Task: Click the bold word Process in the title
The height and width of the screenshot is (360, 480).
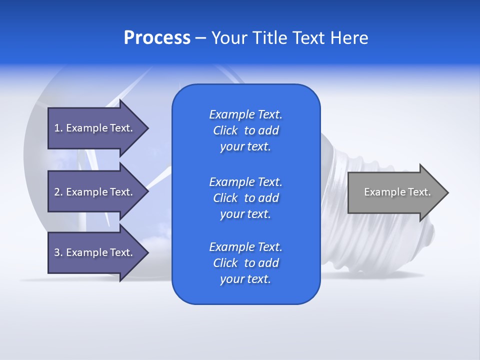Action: click(157, 38)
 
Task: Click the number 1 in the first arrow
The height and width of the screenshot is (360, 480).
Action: click(56, 128)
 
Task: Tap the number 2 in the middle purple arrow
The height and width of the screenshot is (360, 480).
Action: click(56, 192)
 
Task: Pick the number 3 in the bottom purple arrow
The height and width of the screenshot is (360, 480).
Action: click(56, 252)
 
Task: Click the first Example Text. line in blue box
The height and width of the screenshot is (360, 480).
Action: click(245, 114)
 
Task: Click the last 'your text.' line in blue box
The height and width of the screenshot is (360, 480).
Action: click(245, 279)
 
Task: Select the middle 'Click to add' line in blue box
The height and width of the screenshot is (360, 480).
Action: click(245, 198)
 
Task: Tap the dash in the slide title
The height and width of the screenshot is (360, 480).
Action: click(200, 38)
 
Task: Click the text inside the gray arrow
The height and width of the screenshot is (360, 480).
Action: click(397, 192)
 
